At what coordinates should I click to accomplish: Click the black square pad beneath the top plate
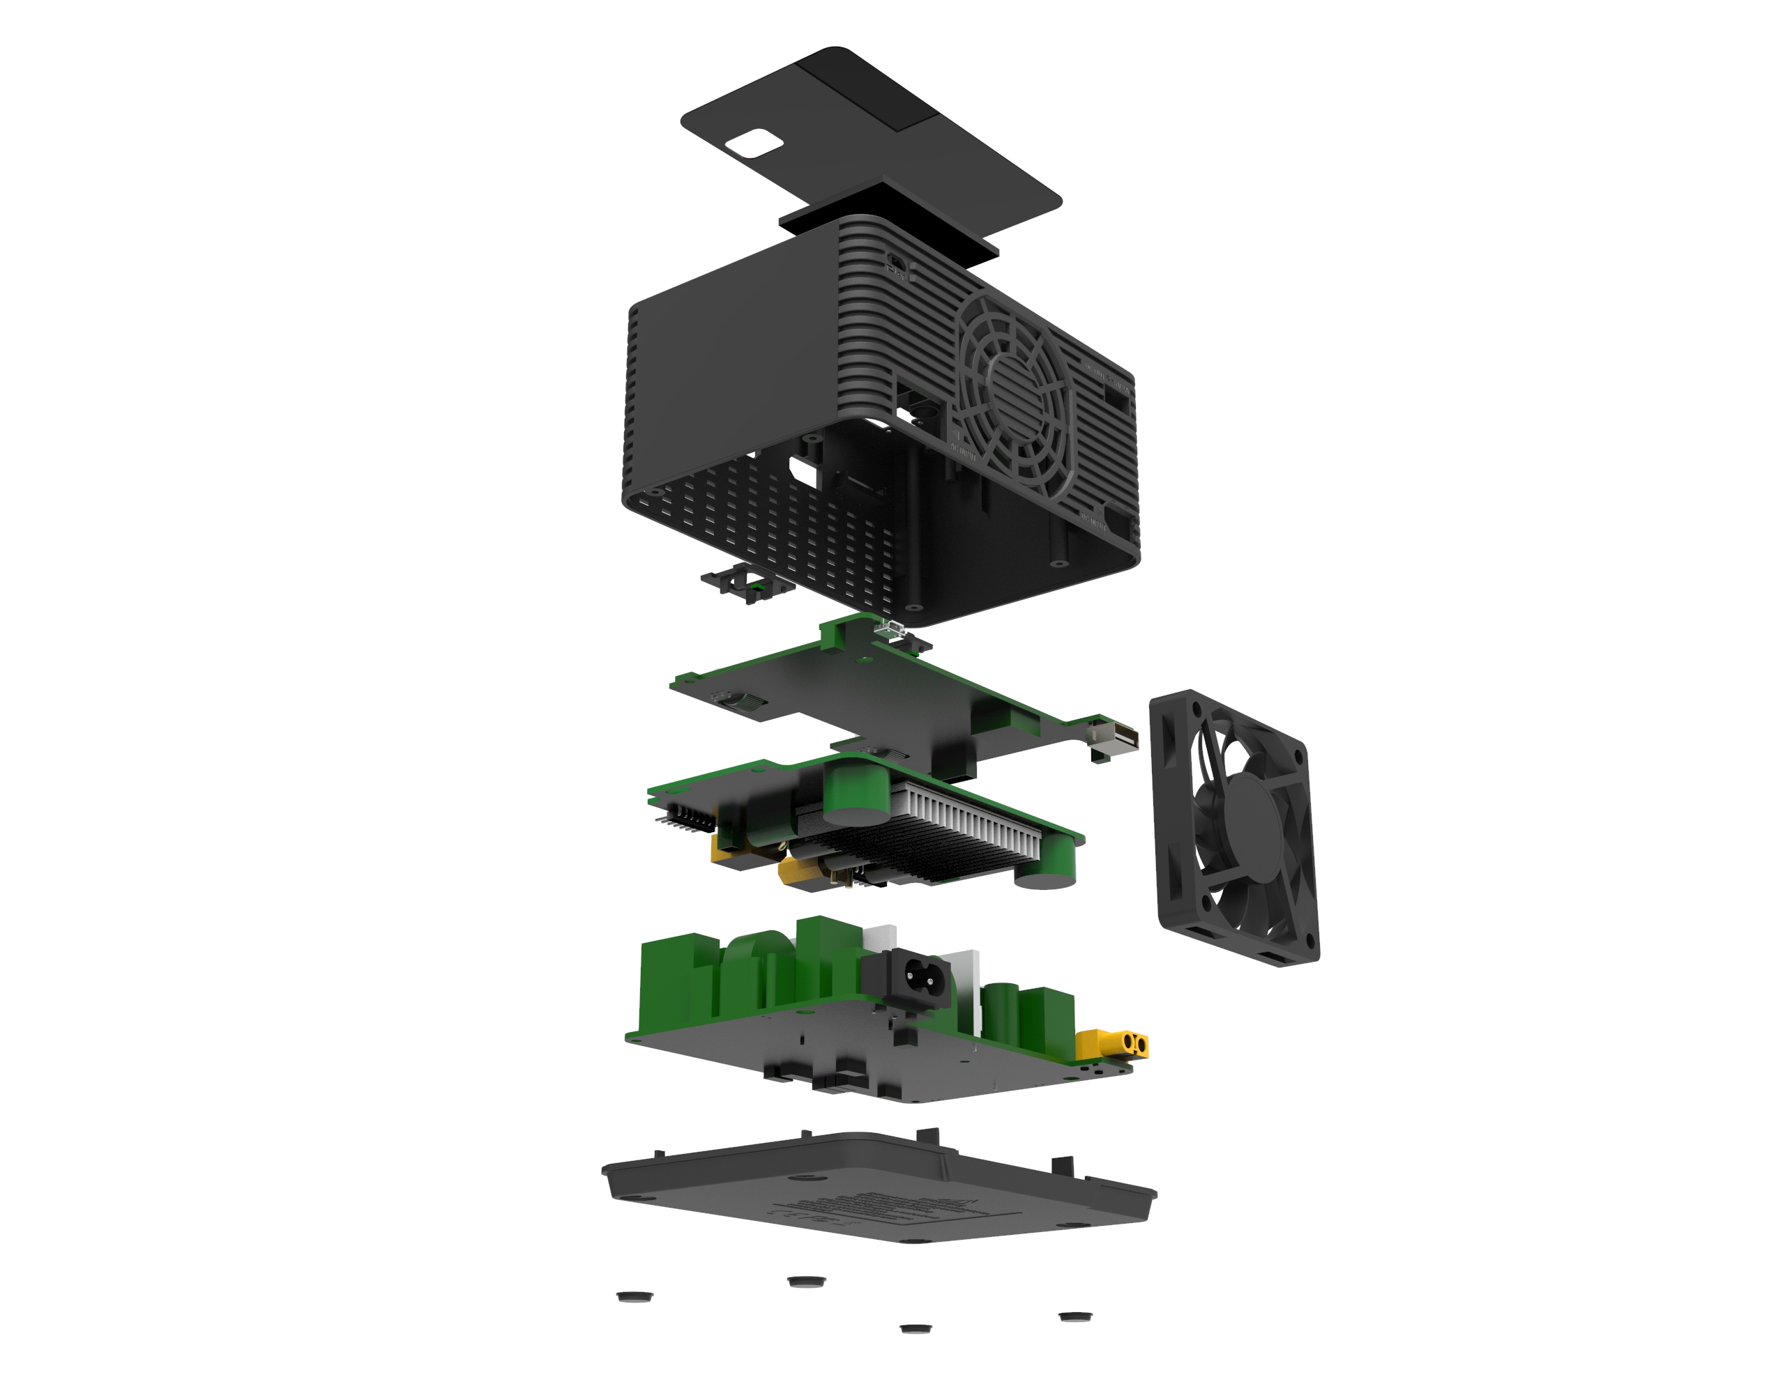[x=890, y=217]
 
